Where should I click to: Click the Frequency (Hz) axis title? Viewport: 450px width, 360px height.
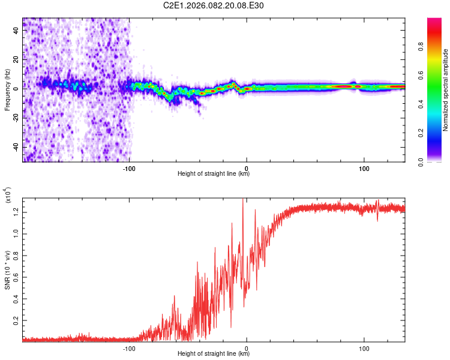click(x=7, y=90)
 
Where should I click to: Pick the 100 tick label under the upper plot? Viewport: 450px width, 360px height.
click(x=364, y=167)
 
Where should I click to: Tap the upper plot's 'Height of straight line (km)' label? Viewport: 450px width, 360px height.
click(x=214, y=174)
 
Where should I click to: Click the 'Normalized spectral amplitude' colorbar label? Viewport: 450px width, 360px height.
click(x=446, y=90)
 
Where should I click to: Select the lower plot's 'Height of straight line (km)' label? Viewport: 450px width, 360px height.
click(x=214, y=354)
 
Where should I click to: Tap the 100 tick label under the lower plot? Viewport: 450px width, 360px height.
click(x=364, y=347)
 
